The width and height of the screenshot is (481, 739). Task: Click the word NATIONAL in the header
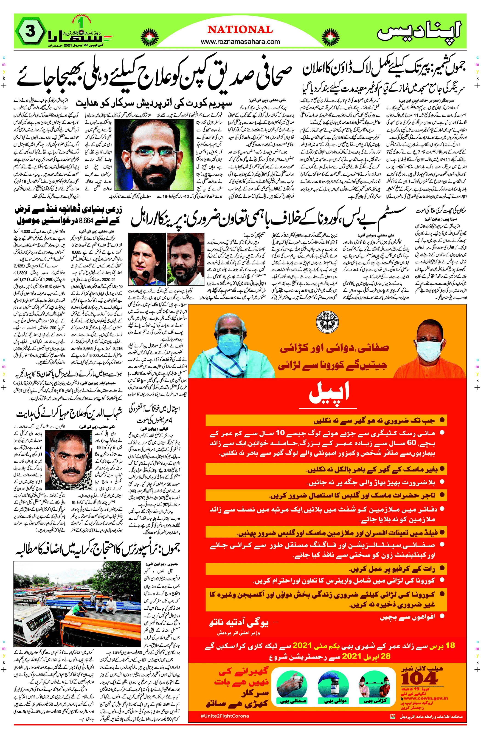click(x=240, y=30)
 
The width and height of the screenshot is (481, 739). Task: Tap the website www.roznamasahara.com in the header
click(x=240, y=42)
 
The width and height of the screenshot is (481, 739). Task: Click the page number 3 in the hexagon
click(x=30, y=31)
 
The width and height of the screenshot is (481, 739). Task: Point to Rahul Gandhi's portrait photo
click(x=185, y=259)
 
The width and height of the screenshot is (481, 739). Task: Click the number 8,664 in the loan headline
click(x=86, y=221)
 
